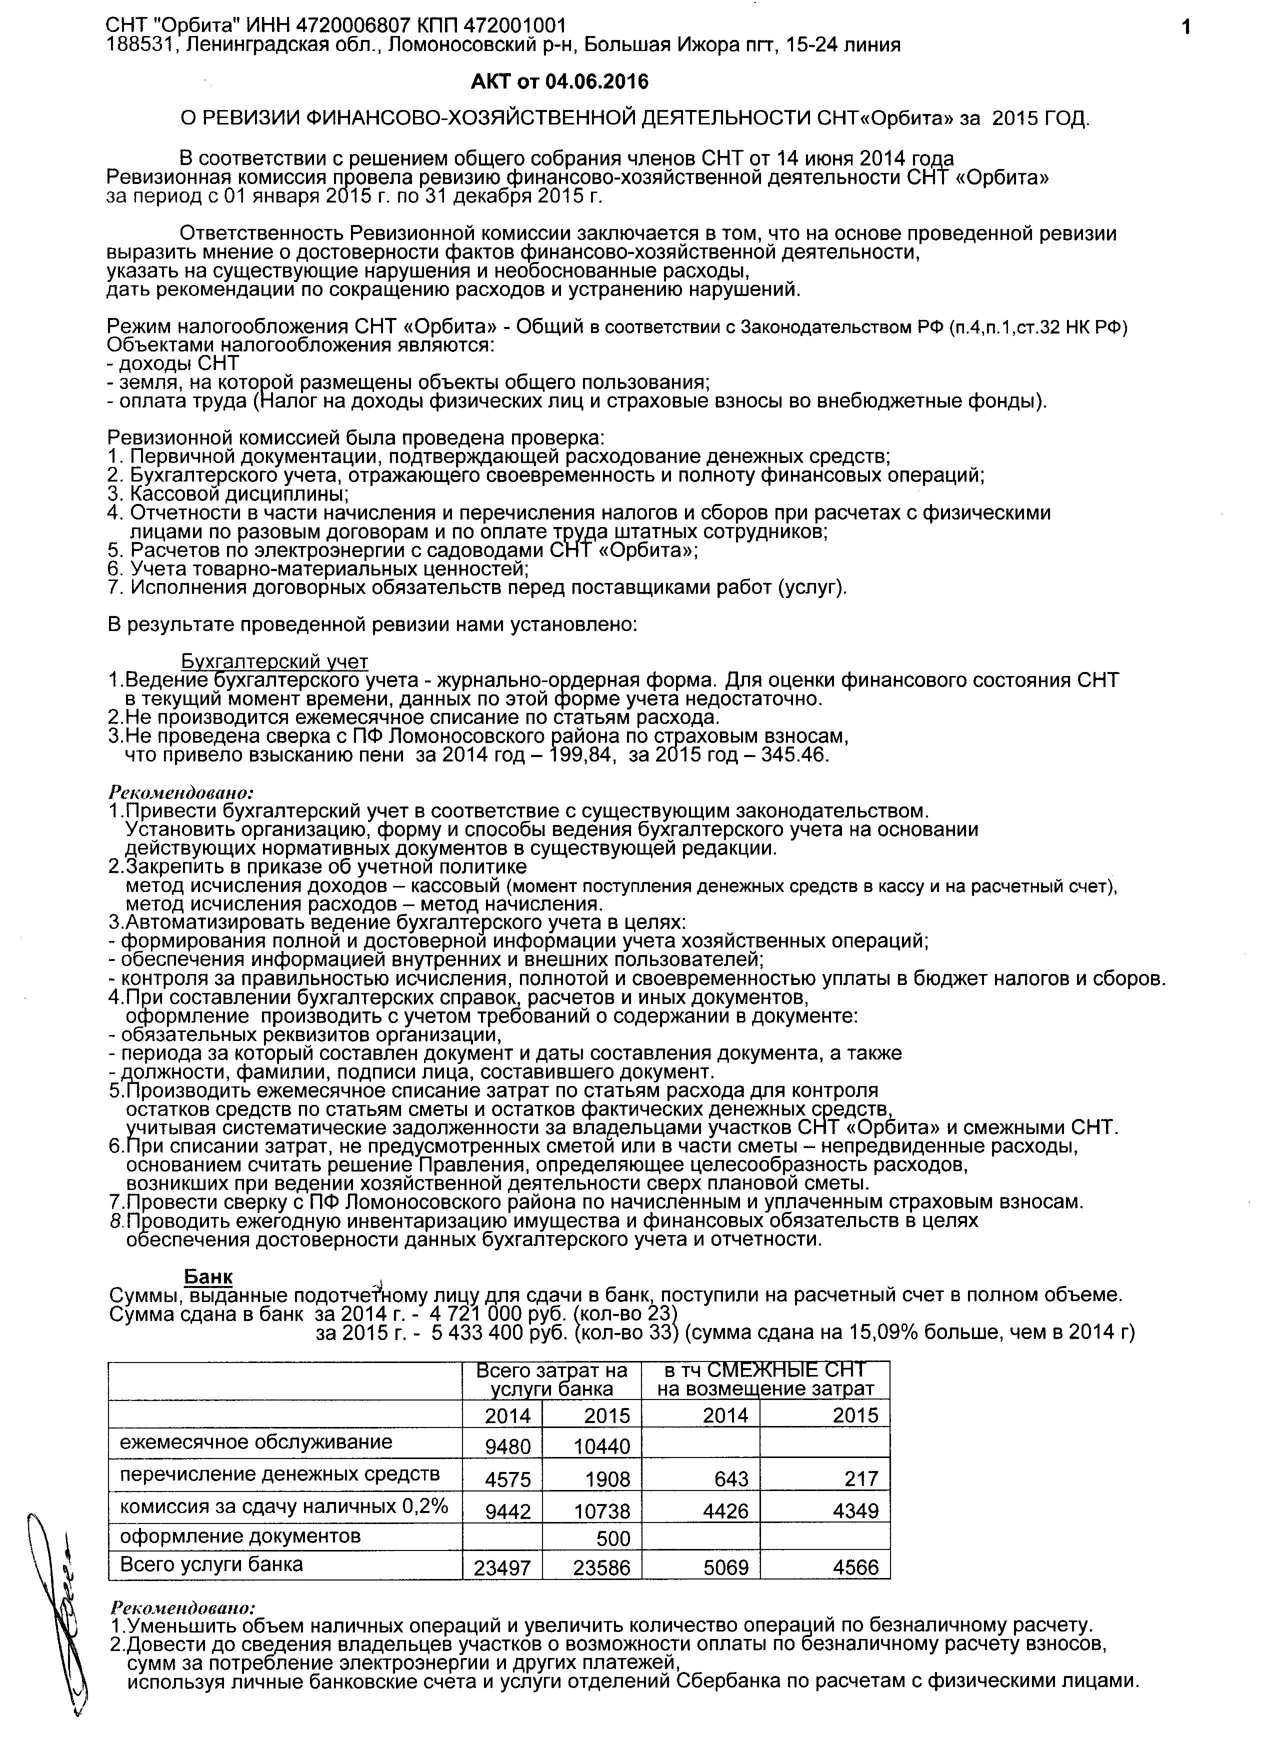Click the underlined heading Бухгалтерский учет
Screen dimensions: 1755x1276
(274, 661)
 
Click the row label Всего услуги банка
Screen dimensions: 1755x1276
(211, 1564)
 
